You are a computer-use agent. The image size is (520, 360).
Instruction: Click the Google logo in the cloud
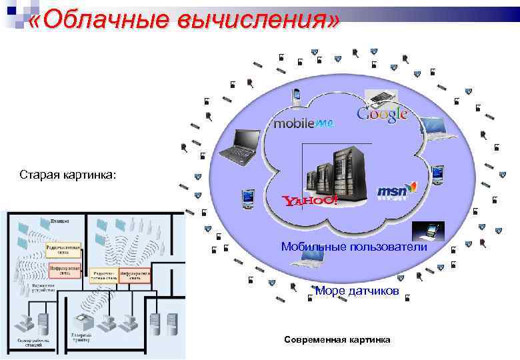click(382, 115)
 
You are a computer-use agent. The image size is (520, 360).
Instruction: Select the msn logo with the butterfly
click(397, 191)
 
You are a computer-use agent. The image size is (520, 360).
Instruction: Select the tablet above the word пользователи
click(428, 231)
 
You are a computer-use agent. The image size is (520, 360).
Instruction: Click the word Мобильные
click(311, 247)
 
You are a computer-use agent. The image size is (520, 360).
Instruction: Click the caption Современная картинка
click(337, 340)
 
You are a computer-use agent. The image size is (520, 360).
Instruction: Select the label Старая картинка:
click(67, 175)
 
